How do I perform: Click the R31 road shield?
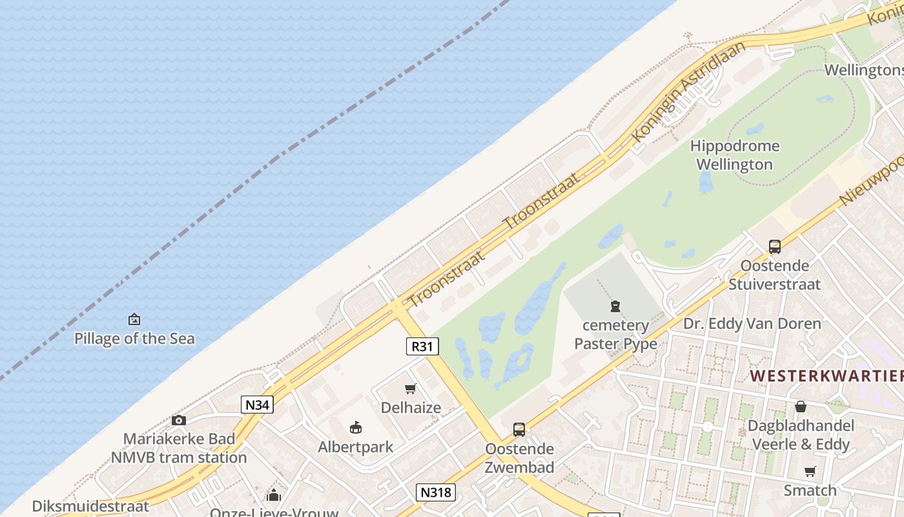click(422, 346)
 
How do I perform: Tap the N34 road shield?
click(258, 405)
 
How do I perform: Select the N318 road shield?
click(436, 492)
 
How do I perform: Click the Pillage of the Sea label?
click(134, 338)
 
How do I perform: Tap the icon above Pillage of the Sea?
click(134, 319)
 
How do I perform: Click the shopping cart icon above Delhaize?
click(411, 388)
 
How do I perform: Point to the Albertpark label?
click(356, 447)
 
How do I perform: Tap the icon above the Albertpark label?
click(356, 427)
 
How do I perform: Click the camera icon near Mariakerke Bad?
click(179, 421)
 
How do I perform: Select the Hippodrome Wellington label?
click(735, 155)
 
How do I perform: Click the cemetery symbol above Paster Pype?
click(615, 306)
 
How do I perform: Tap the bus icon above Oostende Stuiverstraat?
click(774, 246)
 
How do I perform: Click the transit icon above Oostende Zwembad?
click(519, 430)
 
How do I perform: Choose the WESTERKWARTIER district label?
click(827, 375)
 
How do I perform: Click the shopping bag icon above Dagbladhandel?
click(801, 406)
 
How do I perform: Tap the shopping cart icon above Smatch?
click(810, 471)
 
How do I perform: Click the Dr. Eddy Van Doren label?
click(752, 323)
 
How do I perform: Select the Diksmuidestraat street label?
click(90, 506)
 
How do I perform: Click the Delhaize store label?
click(411, 408)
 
